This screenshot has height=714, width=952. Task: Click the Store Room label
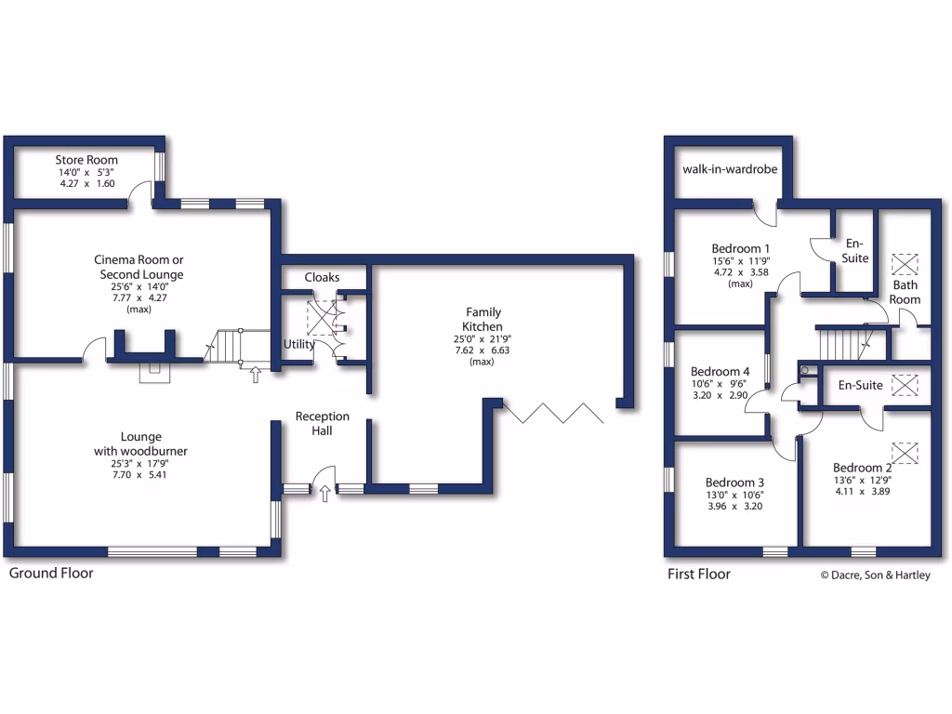click(x=86, y=160)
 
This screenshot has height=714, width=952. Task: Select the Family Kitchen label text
click(x=483, y=320)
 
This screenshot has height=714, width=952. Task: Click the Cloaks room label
click(x=322, y=277)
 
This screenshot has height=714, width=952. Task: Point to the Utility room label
click(x=299, y=344)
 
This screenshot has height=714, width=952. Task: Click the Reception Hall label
click(x=322, y=423)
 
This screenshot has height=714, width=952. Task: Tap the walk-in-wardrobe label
click(x=730, y=169)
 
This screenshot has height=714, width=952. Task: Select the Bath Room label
click(x=905, y=292)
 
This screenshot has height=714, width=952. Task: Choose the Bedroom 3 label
click(x=734, y=483)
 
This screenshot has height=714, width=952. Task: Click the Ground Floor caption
click(x=51, y=574)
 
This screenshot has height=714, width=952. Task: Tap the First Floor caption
click(x=698, y=575)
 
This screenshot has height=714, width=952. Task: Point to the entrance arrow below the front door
click(x=324, y=493)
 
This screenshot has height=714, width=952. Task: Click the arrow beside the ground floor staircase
click(x=256, y=374)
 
